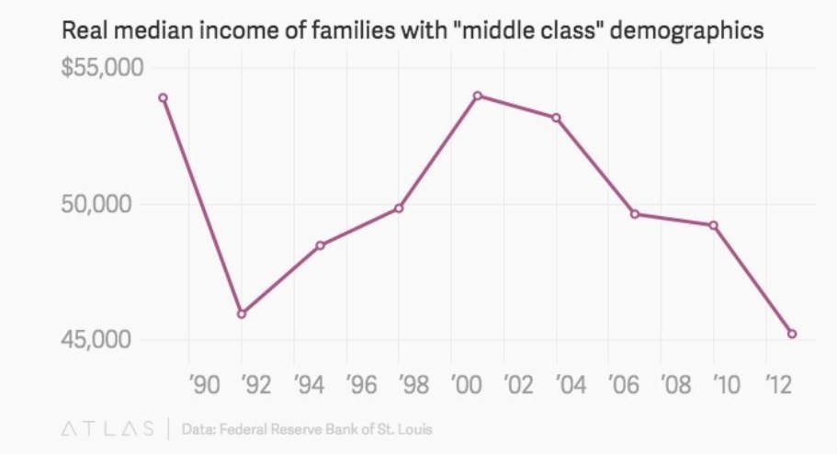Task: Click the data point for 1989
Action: [x=163, y=97]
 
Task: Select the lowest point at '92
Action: [x=242, y=313]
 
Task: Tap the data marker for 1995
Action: [x=321, y=245]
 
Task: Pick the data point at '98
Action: [x=399, y=208]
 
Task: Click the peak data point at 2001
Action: [x=478, y=96]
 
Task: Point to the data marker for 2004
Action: [x=556, y=118]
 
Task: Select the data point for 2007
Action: [x=635, y=214]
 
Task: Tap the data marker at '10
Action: [x=713, y=225]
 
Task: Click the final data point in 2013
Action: [x=792, y=334]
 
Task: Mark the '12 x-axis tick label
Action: [x=779, y=385]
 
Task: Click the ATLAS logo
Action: [x=107, y=428]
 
